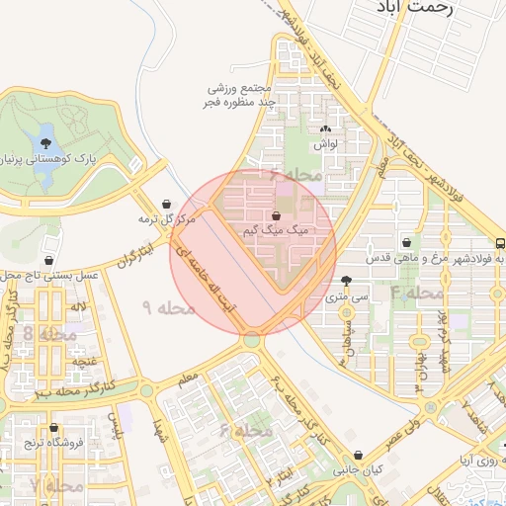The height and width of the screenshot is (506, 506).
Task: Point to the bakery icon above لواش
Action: (x=325, y=128)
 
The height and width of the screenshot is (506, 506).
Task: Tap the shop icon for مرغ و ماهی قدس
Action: (x=406, y=242)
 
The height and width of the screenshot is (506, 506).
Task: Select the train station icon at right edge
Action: (x=500, y=243)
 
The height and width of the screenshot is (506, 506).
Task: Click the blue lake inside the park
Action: (x=44, y=158)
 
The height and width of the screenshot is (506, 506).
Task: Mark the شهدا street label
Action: (x=159, y=428)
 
